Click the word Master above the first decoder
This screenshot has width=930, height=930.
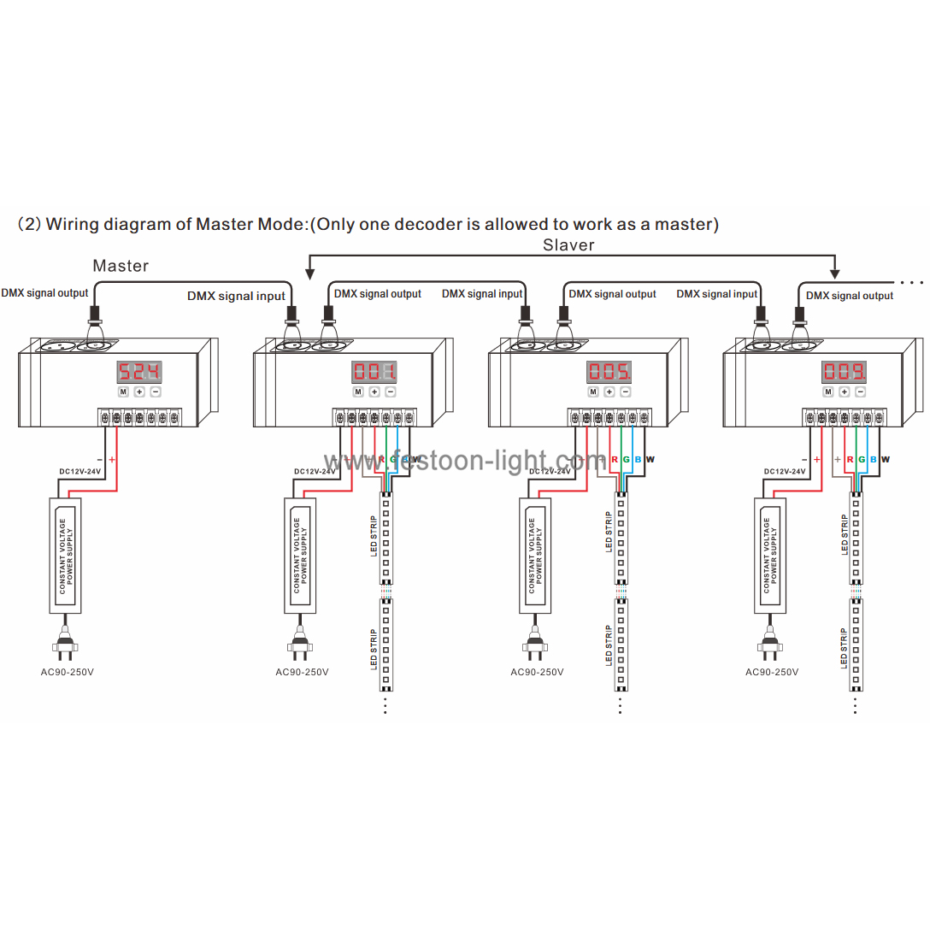click(x=121, y=266)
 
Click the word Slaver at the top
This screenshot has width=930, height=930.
click(x=568, y=245)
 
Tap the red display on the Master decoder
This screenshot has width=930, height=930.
click(x=138, y=372)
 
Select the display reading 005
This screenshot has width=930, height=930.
click(x=609, y=372)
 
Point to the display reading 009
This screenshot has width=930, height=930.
click(x=844, y=372)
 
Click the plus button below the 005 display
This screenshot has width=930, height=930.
click(x=609, y=391)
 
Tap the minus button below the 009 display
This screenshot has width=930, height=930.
click(x=860, y=391)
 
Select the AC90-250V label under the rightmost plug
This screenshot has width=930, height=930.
click(x=772, y=672)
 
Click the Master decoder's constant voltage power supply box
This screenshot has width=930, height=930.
click(x=65, y=556)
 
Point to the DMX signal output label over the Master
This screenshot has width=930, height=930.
click(x=44, y=293)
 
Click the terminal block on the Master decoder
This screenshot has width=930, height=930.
click(x=139, y=418)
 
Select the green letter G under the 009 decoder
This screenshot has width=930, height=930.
click(x=862, y=460)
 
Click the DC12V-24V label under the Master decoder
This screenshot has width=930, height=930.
click(x=79, y=471)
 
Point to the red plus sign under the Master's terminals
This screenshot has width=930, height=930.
click(x=112, y=460)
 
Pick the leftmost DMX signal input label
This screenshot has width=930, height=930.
click(x=236, y=297)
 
